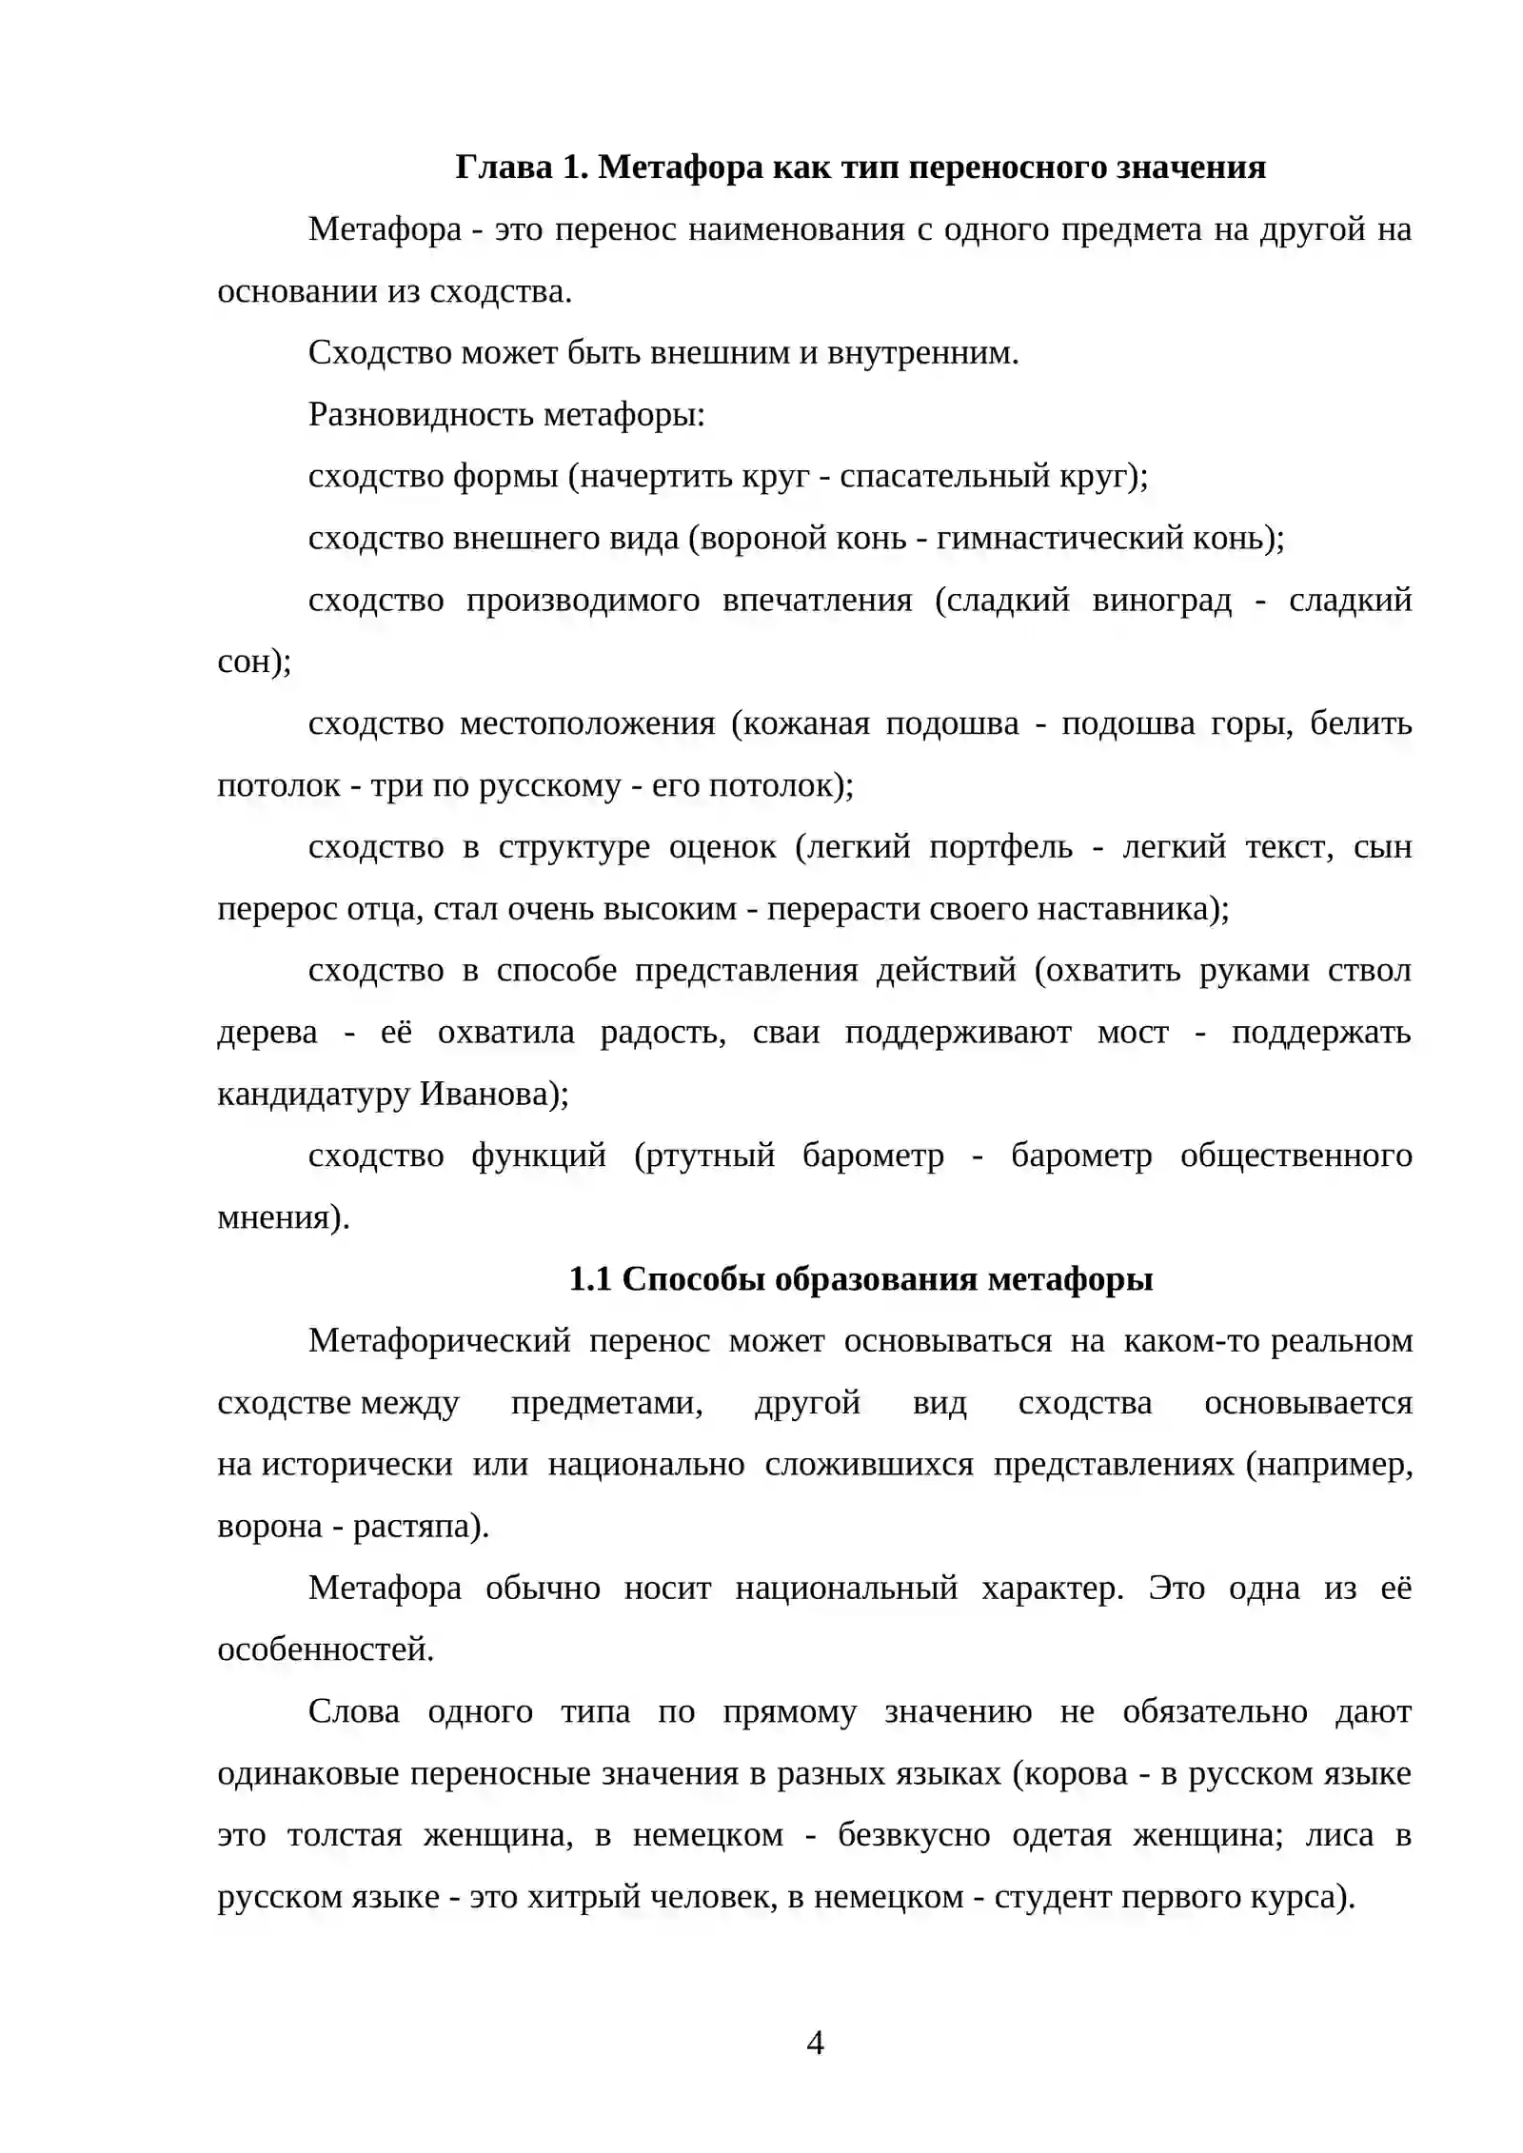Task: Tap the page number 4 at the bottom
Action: (x=815, y=2042)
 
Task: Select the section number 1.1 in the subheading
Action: (x=589, y=1279)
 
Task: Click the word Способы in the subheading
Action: (x=694, y=1279)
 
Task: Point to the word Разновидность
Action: (x=422, y=415)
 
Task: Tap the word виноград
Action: (x=1161, y=601)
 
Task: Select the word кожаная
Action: (x=805, y=724)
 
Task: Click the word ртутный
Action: (x=704, y=1156)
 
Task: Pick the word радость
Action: (x=663, y=1033)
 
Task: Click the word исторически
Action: (x=357, y=1465)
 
